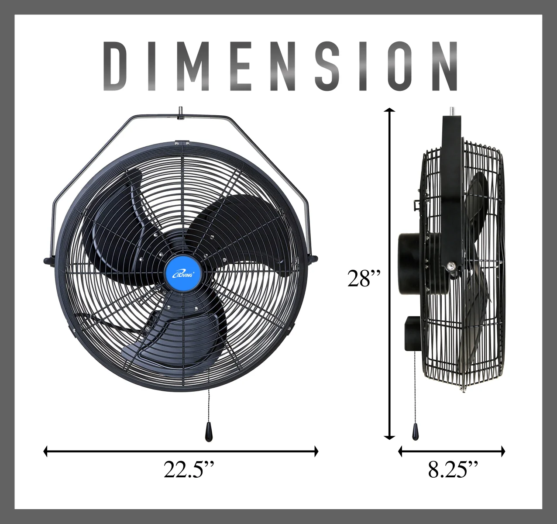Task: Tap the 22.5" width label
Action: point(189,469)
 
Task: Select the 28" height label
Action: point(364,278)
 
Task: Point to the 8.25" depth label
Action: point(453,469)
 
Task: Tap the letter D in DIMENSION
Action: point(118,66)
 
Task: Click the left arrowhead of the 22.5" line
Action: point(46,452)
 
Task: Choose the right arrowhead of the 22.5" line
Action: point(316,452)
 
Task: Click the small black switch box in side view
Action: point(413,333)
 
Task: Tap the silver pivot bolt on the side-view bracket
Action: point(450,265)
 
